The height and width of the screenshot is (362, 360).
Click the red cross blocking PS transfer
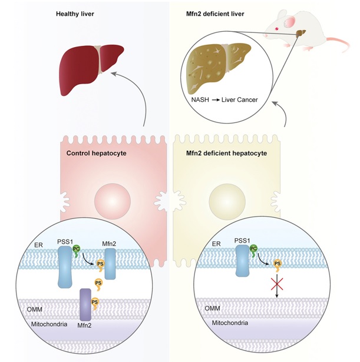(277, 284)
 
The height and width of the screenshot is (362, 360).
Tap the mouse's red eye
(276, 29)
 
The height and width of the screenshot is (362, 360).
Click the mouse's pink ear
(290, 22)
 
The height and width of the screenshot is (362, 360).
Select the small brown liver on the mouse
(301, 33)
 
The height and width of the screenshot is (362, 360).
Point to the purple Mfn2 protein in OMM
(85, 304)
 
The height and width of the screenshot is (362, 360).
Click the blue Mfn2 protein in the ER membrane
(110, 264)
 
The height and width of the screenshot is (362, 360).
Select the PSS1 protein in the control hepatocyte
(65, 267)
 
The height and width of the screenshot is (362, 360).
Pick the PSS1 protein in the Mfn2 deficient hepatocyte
(242, 261)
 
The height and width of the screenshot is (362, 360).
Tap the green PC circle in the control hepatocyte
(76, 248)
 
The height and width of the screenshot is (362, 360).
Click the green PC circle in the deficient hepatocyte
(253, 248)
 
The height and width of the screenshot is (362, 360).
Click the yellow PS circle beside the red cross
(278, 264)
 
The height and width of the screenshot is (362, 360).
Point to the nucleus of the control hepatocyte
(113, 201)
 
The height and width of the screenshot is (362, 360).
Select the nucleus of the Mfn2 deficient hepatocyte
(227, 201)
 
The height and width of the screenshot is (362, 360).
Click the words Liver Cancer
(239, 99)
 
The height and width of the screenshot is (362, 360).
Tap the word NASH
(200, 99)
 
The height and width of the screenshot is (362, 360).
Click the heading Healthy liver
(75, 14)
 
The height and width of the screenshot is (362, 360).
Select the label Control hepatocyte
(97, 153)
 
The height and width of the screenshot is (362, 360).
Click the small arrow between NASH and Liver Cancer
(216, 100)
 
